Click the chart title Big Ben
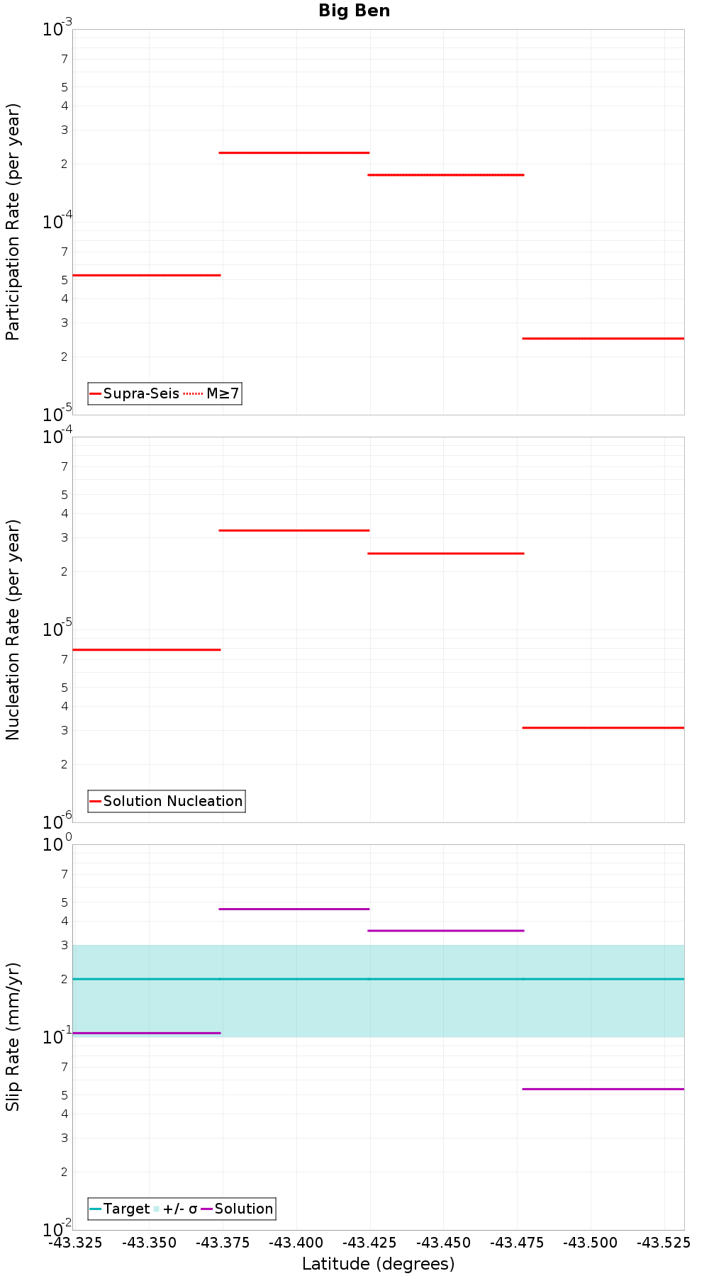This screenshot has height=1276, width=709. click(354, 11)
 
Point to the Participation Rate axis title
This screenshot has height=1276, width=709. click(13, 222)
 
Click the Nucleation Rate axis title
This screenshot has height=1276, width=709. click(13, 629)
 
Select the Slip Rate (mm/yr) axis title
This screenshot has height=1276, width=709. click(13, 1036)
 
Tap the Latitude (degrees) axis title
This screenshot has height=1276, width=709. click(378, 1264)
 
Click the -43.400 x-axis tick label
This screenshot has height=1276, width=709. click(296, 1243)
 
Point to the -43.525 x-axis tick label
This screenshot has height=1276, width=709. click(664, 1243)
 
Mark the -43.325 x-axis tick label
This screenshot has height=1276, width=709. click(75, 1243)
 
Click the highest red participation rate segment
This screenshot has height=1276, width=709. click(294, 152)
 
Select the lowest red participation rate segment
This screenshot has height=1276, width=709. click(603, 338)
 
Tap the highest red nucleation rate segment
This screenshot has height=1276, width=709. click(294, 530)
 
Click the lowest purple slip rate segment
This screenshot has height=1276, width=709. click(603, 1089)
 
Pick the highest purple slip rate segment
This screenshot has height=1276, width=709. click(294, 909)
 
